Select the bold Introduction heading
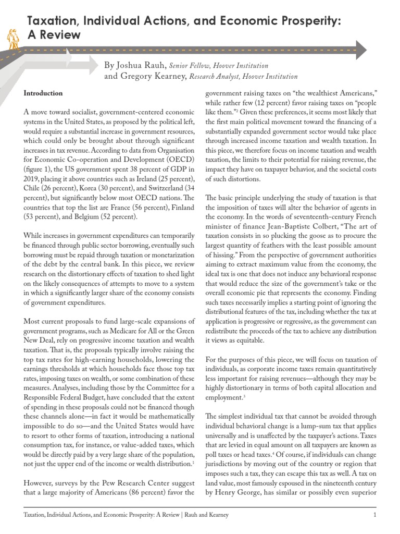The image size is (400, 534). [x=43, y=93]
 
